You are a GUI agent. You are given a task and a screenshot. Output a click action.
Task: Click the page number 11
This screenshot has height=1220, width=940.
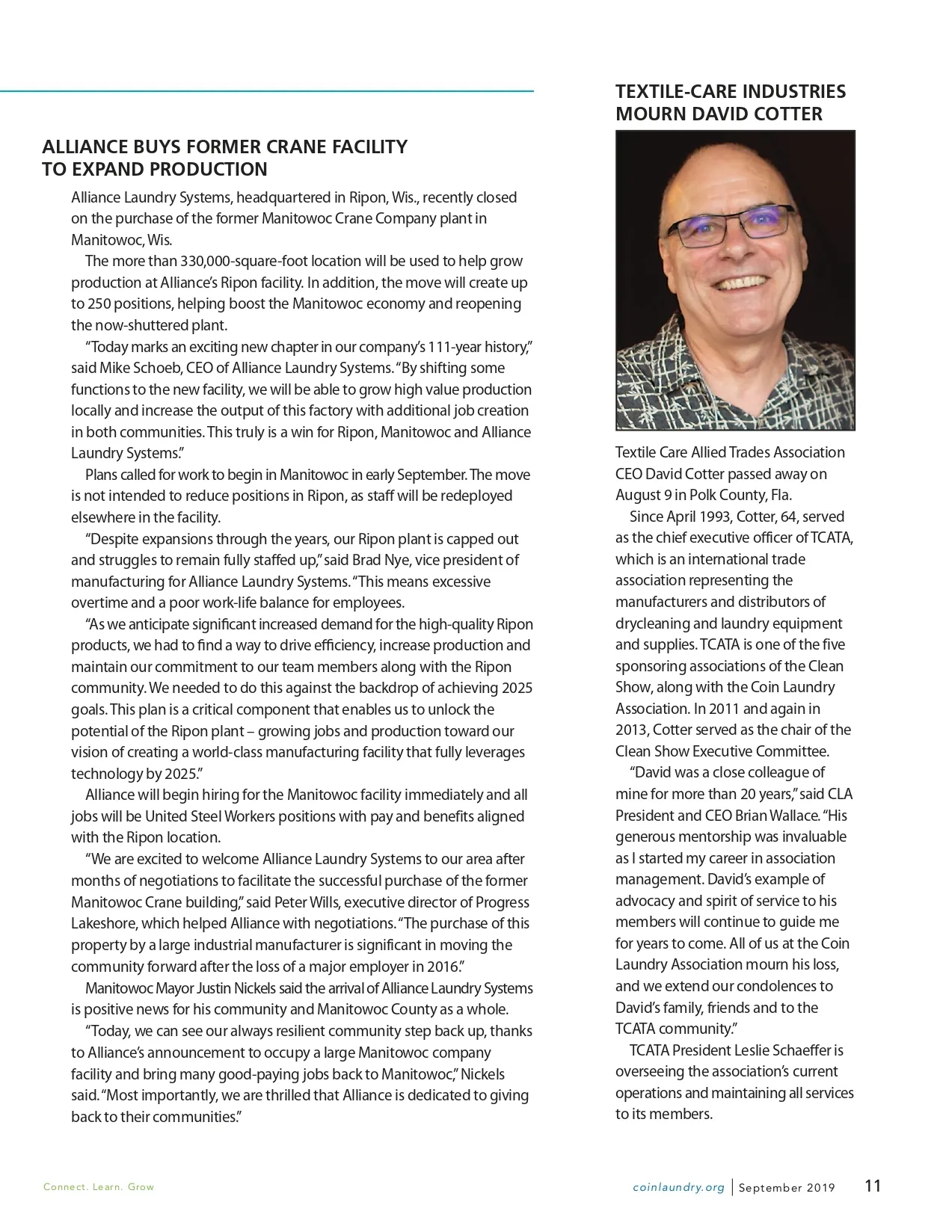tap(873, 1186)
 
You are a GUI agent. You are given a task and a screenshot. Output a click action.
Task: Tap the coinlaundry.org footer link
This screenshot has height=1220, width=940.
tap(678, 1187)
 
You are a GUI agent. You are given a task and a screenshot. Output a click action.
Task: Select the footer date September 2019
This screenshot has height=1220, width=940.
tap(787, 1187)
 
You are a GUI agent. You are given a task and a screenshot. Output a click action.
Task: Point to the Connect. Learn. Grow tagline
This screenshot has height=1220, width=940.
tap(99, 1187)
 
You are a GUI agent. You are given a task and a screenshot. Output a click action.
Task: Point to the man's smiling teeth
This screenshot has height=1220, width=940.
tap(740, 286)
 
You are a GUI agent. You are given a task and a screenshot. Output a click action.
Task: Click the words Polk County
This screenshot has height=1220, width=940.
tap(726, 495)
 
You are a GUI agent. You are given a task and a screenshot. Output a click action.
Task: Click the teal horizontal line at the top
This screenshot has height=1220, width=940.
tap(267, 91)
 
